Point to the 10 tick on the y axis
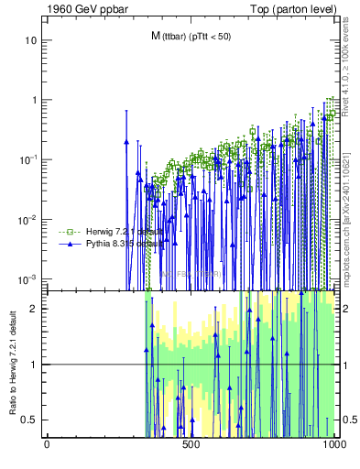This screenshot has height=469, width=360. point(31,41)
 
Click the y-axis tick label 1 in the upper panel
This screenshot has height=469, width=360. point(34,100)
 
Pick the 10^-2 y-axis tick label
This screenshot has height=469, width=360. point(29,219)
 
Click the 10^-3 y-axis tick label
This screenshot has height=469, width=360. point(29,278)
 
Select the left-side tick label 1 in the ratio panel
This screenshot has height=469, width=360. point(34,365)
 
